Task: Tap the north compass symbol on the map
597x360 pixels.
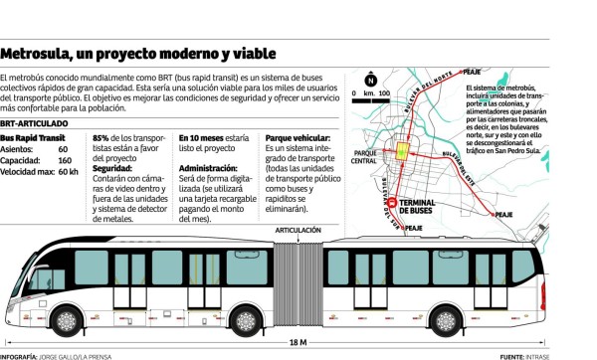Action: click(x=371, y=80)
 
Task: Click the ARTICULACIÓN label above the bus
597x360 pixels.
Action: click(x=298, y=231)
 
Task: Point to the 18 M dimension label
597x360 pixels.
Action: click(x=298, y=342)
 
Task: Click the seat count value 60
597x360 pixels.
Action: click(x=63, y=147)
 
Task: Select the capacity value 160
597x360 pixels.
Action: click(x=65, y=159)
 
